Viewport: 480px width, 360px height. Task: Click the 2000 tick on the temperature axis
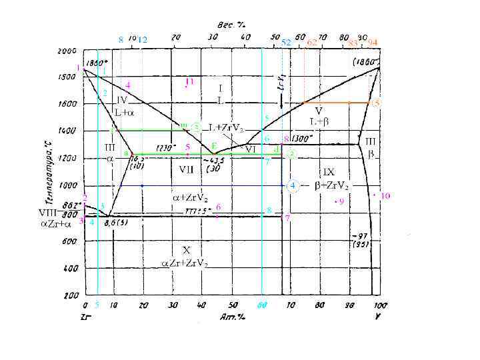pos(67,51)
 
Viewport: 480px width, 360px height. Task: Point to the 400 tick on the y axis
pos(69,268)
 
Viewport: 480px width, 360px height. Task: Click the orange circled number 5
pos(376,103)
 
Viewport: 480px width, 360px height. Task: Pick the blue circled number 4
pos(291,185)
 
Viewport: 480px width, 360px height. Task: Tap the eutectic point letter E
pos(213,146)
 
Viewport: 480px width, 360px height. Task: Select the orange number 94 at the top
pos(372,41)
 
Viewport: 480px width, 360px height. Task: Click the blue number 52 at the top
pos(285,42)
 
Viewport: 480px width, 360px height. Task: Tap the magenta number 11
pos(189,81)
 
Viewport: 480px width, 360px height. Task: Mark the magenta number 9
pos(341,201)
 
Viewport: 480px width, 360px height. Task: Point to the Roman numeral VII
pos(186,169)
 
